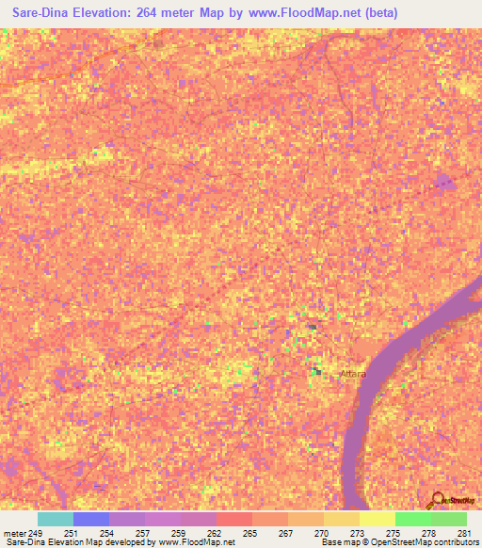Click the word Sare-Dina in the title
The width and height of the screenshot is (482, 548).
tap(42, 13)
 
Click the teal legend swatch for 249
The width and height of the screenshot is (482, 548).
tap(56, 520)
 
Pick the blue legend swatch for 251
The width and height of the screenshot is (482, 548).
tap(91, 520)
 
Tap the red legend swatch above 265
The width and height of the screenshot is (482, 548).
tap(234, 520)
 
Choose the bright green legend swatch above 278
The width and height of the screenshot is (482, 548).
tap(413, 520)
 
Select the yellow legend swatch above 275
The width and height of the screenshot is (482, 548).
tap(378, 520)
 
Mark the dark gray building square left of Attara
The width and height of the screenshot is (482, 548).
tap(317, 372)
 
